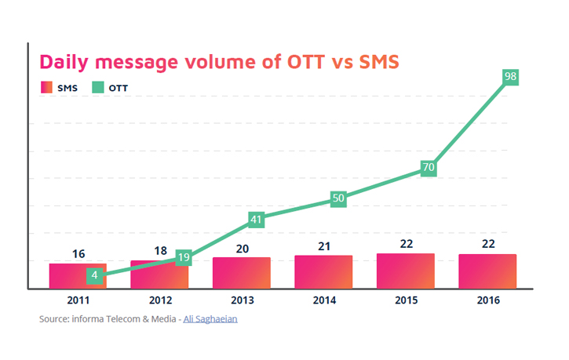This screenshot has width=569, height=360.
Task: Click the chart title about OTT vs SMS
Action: point(219,62)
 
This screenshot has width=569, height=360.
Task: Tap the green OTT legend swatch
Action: point(98,88)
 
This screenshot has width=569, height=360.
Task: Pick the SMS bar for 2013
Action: point(242,273)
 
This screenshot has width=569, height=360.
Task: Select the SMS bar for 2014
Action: point(324,272)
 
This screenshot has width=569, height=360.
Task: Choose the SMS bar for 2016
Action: point(487,271)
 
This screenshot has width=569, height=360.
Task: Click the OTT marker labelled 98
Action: point(510,78)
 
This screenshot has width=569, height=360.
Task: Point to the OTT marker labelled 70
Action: point(428,168)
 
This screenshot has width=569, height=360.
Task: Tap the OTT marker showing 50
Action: point(338,198)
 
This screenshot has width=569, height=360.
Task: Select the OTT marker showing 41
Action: point(256,220)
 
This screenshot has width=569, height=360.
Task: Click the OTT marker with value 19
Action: point(183,256)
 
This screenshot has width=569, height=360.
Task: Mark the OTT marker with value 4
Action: point(94,275)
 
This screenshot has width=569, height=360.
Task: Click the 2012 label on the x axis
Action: point(159,300)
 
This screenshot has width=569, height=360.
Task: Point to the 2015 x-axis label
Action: point(406,300)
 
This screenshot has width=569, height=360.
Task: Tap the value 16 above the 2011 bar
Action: point(78,254)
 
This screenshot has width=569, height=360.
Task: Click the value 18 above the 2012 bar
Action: point(160,251)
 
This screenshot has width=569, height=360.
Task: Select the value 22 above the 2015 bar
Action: point(406,244)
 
